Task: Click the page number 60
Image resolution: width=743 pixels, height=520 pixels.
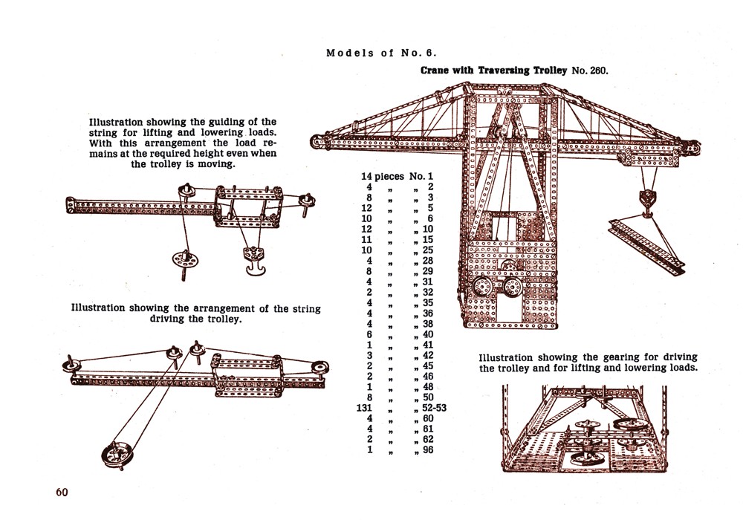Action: click(62, 493)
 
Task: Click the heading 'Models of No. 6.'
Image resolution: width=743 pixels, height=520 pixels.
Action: click(380, 53)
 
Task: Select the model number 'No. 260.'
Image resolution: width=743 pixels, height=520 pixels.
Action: click(589, 71)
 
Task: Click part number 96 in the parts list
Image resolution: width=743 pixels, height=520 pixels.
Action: click(427, 449)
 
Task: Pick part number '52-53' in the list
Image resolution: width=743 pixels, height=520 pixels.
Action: click(434, 407)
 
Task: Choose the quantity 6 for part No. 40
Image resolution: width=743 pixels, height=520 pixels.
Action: click(369, 334)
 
